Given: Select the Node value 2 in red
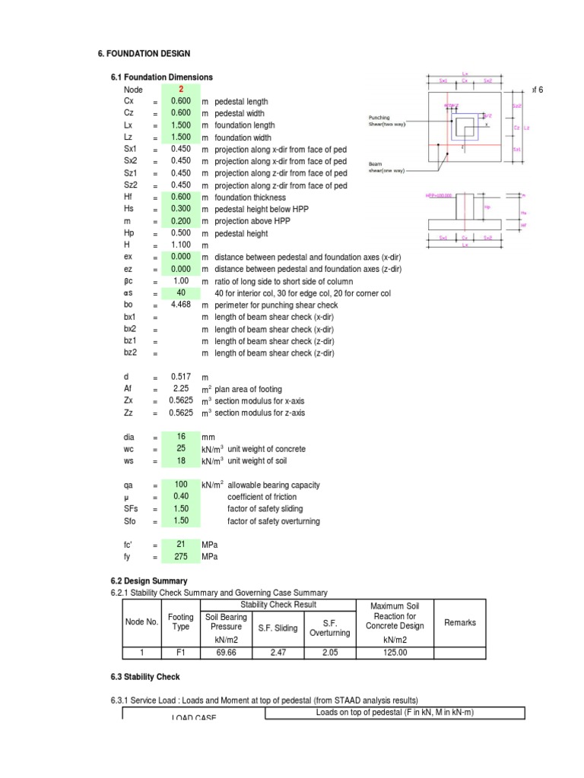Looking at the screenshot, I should click(x=181, y=90).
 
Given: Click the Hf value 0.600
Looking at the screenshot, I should click(x=181, y=197).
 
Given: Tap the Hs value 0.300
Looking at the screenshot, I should click(x=181, y=209).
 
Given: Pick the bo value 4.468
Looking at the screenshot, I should click(x=181, y=305).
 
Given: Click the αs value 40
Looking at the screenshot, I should click(x=181, y=293).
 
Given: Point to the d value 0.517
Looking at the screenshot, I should click(x=181, y=378).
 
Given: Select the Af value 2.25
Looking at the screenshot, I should click(x=181, y=389).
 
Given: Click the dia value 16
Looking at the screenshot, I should click(x=181, y=437).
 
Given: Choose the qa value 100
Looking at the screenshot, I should click(x=181, y=485).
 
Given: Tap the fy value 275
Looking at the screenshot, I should click(x=181, y=557).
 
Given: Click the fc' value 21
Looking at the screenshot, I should click(x=181, y=545).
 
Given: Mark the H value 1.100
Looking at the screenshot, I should click(x=181, y=245).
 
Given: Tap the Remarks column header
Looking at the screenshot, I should click(x=460, y=622).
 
